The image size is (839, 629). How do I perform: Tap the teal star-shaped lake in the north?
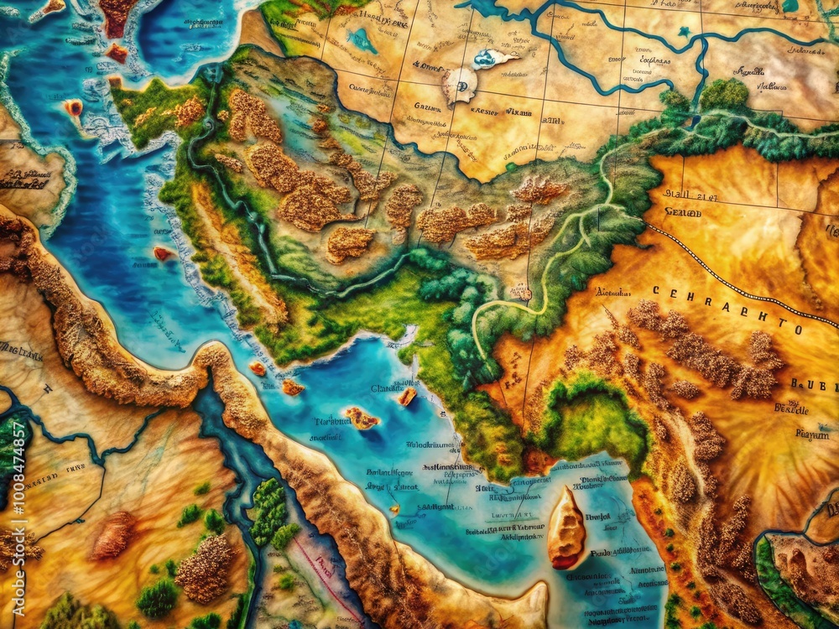pos(685,32)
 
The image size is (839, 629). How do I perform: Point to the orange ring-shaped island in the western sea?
pos(74,107)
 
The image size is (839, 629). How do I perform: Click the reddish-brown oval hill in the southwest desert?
pos(113,534)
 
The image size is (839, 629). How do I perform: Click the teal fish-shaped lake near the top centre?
pos(362,39)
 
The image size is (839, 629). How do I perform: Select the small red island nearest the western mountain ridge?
pos(163,253)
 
